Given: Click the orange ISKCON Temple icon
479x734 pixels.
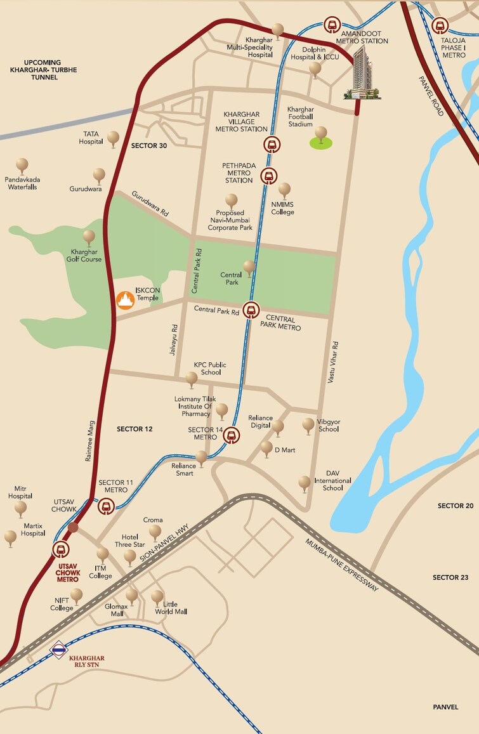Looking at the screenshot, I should coord(125,299).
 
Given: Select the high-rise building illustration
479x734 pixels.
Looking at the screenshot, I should coord(364,74).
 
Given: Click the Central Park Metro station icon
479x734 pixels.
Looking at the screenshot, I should coord(252,310).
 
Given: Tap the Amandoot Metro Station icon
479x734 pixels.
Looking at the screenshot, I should coord(332,25).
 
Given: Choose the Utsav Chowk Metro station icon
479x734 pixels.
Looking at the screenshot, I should coord(61,550).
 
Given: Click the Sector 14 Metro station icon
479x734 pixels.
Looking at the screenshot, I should coord(233,436).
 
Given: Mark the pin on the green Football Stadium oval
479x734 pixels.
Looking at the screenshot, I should coord(321,134).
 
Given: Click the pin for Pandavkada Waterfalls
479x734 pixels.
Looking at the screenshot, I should coord(22,166).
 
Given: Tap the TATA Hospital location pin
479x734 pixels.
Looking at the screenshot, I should coord(114,138).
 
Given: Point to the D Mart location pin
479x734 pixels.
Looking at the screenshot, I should coord(266,448).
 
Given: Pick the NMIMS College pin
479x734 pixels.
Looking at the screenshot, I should coord(284,190).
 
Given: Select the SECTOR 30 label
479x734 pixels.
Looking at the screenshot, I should coord(149,146).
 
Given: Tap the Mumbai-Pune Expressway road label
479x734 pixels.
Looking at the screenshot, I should coord(341,565).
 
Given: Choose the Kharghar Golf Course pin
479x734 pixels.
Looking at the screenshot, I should coord(89,237).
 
